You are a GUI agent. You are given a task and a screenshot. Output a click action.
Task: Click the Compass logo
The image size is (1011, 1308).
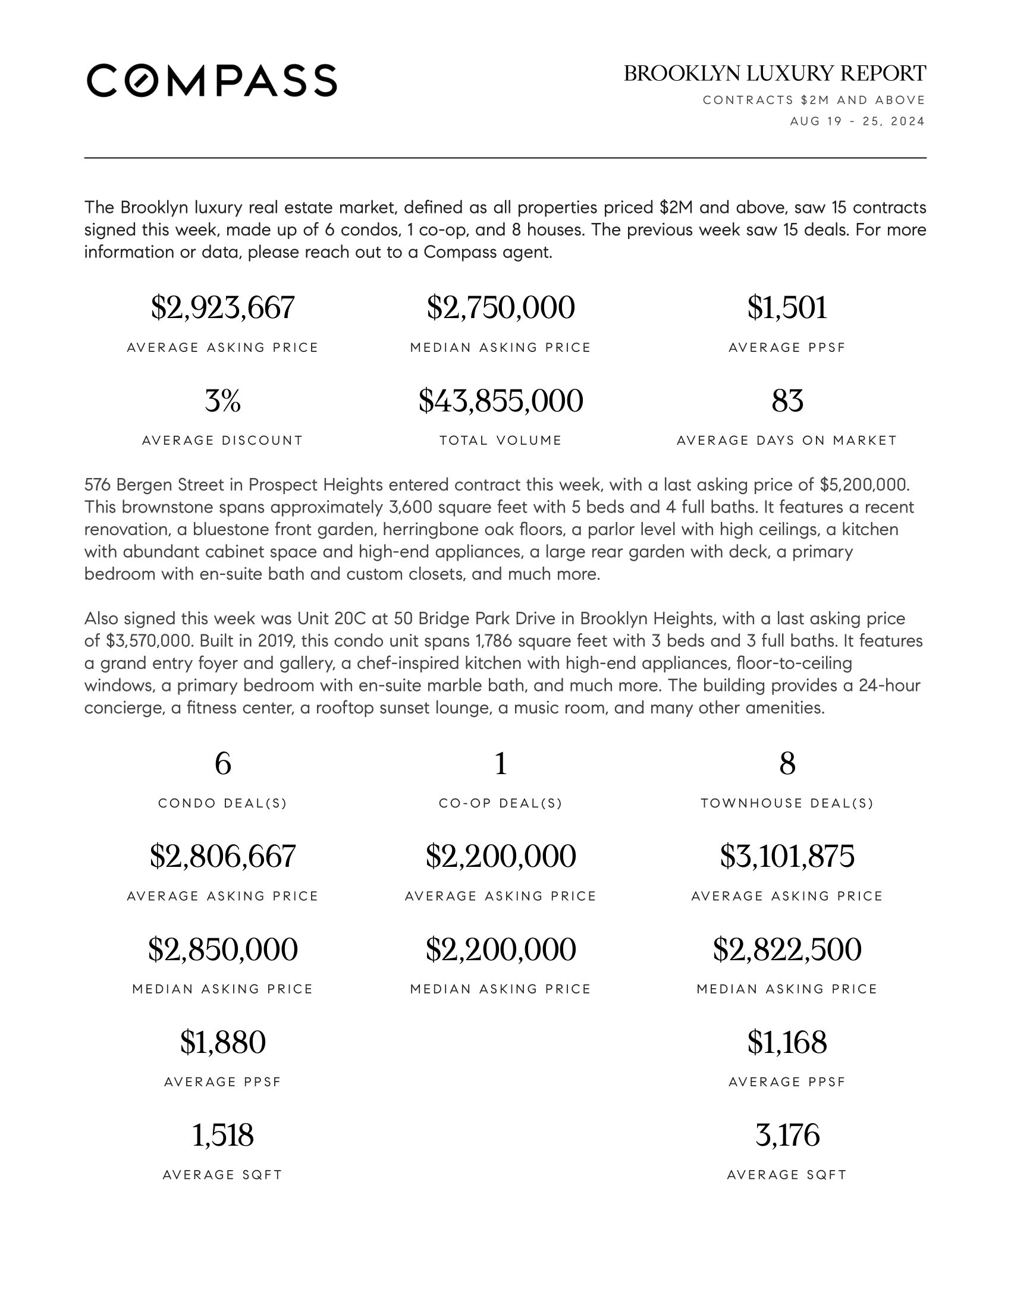click(212, 80)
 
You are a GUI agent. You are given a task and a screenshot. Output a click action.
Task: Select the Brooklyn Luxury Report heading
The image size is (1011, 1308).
click(774, 74)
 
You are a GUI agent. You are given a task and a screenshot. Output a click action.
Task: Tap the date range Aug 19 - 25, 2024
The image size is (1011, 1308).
click(857, 121)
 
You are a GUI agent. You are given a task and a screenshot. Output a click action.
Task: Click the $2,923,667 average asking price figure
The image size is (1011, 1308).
click(223, 308)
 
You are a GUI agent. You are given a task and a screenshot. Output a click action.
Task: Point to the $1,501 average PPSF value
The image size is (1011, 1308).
click(787, 308)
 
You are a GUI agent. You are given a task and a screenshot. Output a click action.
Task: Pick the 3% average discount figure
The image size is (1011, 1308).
click(223, 401)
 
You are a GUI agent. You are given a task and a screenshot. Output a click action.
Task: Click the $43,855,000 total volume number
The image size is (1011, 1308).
click(501, 401)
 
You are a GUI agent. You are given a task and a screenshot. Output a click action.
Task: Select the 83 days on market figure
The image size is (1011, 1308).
click(787, 401)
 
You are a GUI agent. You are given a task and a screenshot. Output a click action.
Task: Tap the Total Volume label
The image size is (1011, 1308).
click(501, 441)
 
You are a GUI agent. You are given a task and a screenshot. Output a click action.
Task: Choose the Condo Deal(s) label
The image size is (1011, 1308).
click(223, 803)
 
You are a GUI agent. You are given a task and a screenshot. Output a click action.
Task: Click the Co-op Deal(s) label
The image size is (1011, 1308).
click(501, 803)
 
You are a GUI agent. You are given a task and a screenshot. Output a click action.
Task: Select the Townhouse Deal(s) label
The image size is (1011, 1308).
click(787, 803)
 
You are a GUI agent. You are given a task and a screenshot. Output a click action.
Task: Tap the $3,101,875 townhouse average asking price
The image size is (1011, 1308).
click(787, 856)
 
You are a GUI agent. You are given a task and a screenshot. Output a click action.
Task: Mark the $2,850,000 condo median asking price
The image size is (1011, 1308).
click(223, 949)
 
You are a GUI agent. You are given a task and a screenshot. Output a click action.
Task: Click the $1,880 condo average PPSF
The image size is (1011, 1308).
click(223, 1042)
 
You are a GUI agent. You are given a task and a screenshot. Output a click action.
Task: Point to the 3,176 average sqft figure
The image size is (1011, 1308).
click(787, 1135)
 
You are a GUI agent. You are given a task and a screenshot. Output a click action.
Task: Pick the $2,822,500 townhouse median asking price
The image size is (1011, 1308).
click(787, 949)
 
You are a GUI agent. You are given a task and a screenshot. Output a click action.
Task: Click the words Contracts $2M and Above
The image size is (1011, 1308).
click(814, 100)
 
